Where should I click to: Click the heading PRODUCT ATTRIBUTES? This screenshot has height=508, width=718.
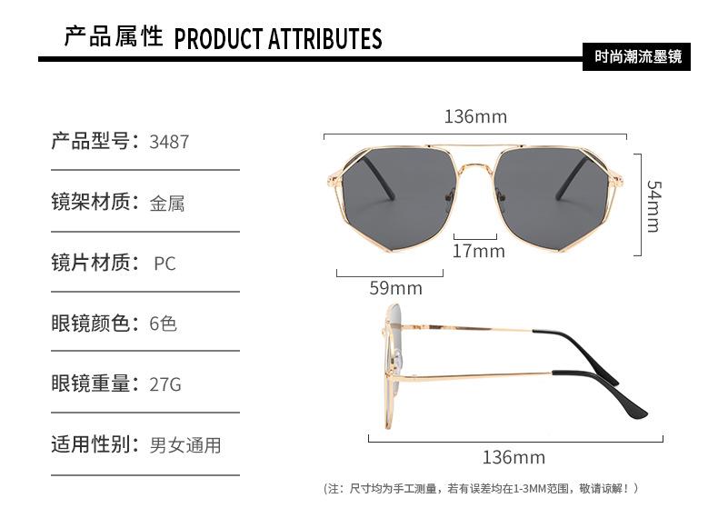coord(277,39)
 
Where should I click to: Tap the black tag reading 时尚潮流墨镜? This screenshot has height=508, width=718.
coord(637,56)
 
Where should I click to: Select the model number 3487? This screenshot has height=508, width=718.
coord(169,142)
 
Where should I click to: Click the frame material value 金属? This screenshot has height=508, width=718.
coord(167,203)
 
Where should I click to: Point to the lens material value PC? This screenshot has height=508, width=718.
coord(165,264)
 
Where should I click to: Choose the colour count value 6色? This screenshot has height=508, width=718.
coord(164,324)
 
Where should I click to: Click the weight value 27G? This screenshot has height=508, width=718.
coord(165,384)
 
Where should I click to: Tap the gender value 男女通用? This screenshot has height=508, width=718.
coord(185,444)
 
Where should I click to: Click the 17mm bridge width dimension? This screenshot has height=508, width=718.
coord(478,251)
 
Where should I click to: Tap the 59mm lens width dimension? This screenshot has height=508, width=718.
coord(395,288)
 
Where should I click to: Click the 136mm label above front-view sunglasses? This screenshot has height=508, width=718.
coord(475,117)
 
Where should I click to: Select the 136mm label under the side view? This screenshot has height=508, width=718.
coord(514,457)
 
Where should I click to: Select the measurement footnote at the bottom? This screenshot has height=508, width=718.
coord(483,489)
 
